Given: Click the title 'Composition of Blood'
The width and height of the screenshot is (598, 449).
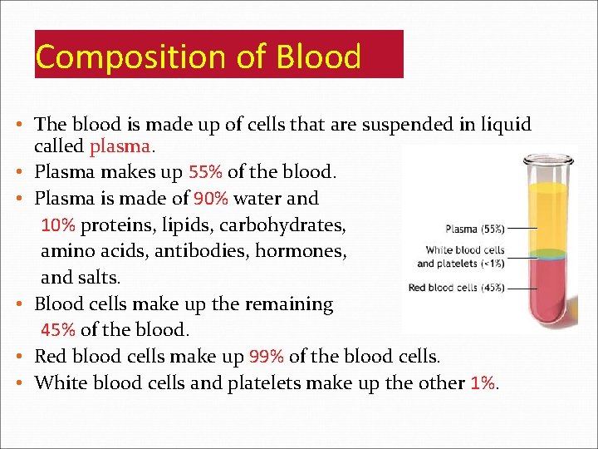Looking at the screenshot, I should tap(199, 57).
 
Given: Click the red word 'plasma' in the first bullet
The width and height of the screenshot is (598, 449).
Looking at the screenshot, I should tap(120, 147).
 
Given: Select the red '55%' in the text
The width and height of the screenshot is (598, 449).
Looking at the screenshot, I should tap(205, 173).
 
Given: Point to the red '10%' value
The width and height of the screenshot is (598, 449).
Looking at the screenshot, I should tap(58, 225).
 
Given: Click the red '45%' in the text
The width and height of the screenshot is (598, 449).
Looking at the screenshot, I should tap(58, 329).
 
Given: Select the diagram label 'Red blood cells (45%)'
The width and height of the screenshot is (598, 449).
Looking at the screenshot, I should tap(456, 288).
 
